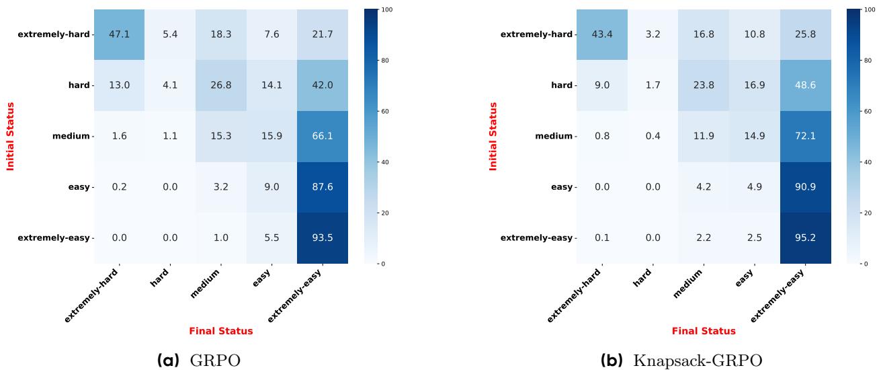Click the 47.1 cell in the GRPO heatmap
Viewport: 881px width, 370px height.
[x=119, y=34]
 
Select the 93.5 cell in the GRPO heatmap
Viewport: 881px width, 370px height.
[x=322, y=237]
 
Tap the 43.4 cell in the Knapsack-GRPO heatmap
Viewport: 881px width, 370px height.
[x=603, y=34]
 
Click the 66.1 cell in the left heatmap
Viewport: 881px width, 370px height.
[x=322, y=136]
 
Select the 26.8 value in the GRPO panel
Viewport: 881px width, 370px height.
[x=220, y=85]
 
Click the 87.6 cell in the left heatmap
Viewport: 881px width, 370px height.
[x=322, y=187]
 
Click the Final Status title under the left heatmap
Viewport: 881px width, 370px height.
[x=220, y=331]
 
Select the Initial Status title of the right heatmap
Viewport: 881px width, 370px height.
[x=494, y=136]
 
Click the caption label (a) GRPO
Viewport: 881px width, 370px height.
[x=198, y=361]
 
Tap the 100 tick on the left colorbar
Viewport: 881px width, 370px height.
[x=386, y=10]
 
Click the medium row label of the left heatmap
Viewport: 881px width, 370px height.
[x=71, y=136]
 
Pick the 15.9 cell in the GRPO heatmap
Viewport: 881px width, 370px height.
[x=271, y=136]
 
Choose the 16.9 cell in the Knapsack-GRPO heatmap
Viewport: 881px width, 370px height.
[x=755, y=85]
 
